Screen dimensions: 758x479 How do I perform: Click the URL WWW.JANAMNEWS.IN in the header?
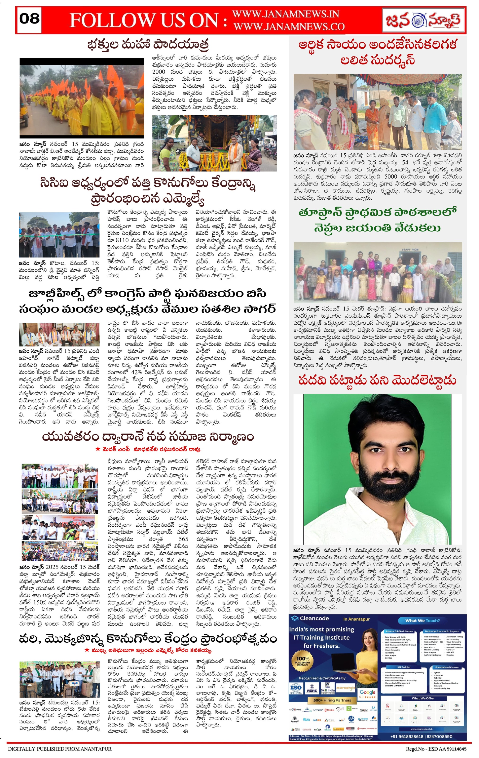[x=285, y=14]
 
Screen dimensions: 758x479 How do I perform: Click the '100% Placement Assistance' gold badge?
[x=303, y=661]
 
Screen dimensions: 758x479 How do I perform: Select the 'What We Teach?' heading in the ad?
[x=422, y=621]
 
